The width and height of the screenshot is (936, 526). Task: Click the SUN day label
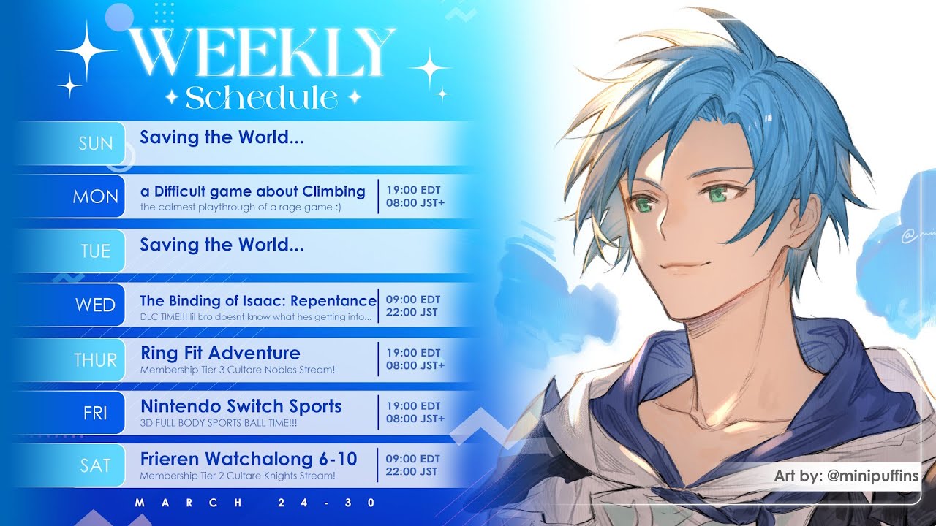(96, 144)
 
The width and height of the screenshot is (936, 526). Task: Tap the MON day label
(95, 197)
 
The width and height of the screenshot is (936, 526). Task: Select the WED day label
(95, 305)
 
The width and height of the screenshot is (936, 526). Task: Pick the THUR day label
(95, 360)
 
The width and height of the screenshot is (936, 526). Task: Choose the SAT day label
(95, 465)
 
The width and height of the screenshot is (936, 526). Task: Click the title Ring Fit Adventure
(220, 353)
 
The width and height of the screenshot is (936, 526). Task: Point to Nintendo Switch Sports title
(241, 406)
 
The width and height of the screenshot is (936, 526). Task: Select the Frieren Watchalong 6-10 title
(249, 459)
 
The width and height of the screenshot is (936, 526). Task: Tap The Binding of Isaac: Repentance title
(258, 300)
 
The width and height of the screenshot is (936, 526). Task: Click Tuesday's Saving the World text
(222, 245)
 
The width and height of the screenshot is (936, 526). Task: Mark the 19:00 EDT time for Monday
(413, 190)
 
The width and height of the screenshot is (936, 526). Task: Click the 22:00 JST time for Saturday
(412, 471)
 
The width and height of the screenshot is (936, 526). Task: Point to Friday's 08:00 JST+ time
(415, 419)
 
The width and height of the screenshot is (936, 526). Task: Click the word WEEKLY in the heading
(262, 52)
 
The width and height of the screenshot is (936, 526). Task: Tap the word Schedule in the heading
(262, 98)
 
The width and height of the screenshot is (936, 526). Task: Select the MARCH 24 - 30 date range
(255, 503)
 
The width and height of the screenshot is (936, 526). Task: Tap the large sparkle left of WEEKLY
(86, 50)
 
